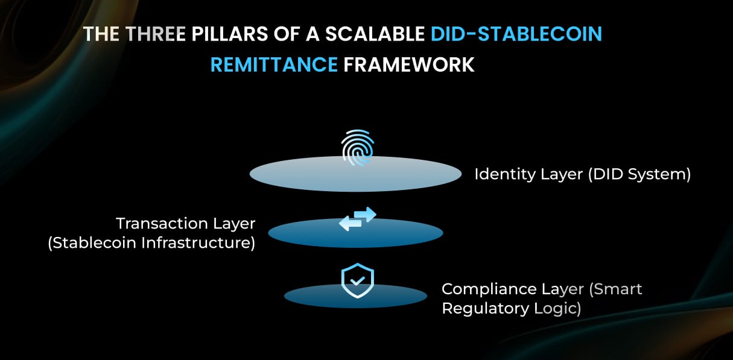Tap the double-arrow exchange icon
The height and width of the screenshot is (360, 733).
357,219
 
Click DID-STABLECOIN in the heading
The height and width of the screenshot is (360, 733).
516,34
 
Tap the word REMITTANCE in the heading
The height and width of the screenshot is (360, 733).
274,65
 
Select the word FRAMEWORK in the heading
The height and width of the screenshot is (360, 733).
409,65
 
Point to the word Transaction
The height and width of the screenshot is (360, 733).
153,224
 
